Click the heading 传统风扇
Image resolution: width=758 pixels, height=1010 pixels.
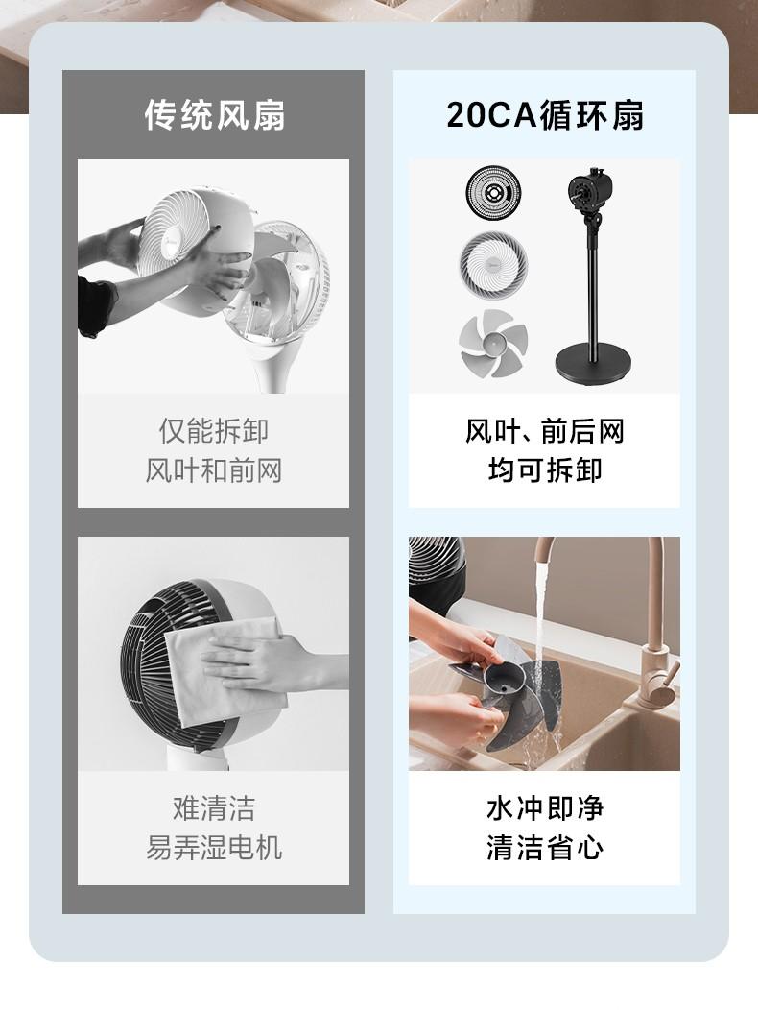(214, 115)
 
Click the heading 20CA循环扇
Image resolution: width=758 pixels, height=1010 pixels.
(545, 115)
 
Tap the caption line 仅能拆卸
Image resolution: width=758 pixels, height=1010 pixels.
(214, 431)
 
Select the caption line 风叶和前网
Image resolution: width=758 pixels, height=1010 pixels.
(214, 470)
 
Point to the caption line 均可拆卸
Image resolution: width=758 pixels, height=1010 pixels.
(545, 470)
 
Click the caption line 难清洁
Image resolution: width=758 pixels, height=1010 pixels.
(214, 807)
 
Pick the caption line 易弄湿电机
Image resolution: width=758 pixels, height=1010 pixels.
(214, 847)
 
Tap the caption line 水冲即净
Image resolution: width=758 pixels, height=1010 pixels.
(545, 807)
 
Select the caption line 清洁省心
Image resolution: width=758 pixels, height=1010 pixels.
(545, 847)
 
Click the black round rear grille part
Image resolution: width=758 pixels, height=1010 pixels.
(493, 192)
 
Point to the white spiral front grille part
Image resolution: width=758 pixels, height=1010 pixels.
(493, 266)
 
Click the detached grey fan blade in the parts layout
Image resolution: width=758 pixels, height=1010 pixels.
(493, 344)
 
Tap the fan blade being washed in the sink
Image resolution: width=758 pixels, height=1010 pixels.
(509, 689)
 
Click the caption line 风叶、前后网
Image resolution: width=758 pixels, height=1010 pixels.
(545, 431)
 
